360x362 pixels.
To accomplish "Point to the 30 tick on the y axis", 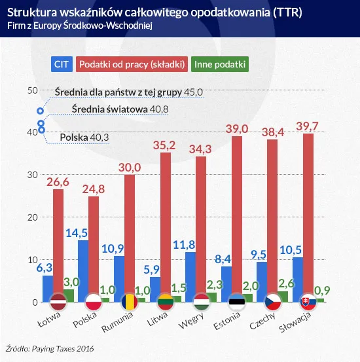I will [32, 175].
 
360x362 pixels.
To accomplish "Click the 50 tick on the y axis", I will [32, 90].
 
